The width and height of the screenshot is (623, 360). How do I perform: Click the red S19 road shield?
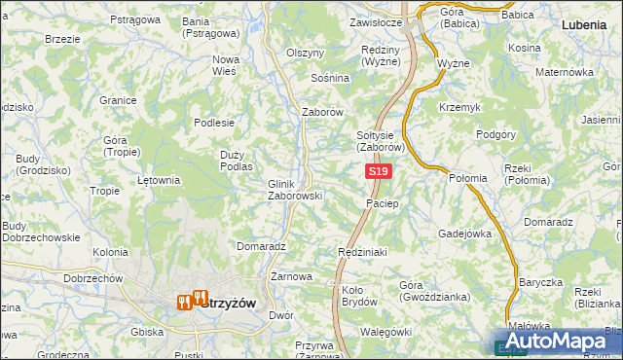click(379, 172)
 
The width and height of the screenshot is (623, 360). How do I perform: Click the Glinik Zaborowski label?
click(294, 189)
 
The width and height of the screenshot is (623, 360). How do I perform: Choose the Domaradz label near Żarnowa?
click(260, 247)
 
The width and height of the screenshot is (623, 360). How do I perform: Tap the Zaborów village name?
click(323, 112)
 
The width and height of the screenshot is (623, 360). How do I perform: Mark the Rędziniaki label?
click(363, 252)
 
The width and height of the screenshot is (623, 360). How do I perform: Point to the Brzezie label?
click(62, 39)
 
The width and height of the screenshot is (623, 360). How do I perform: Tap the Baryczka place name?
click(540, 282)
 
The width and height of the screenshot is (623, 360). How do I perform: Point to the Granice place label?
click(117, 99)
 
